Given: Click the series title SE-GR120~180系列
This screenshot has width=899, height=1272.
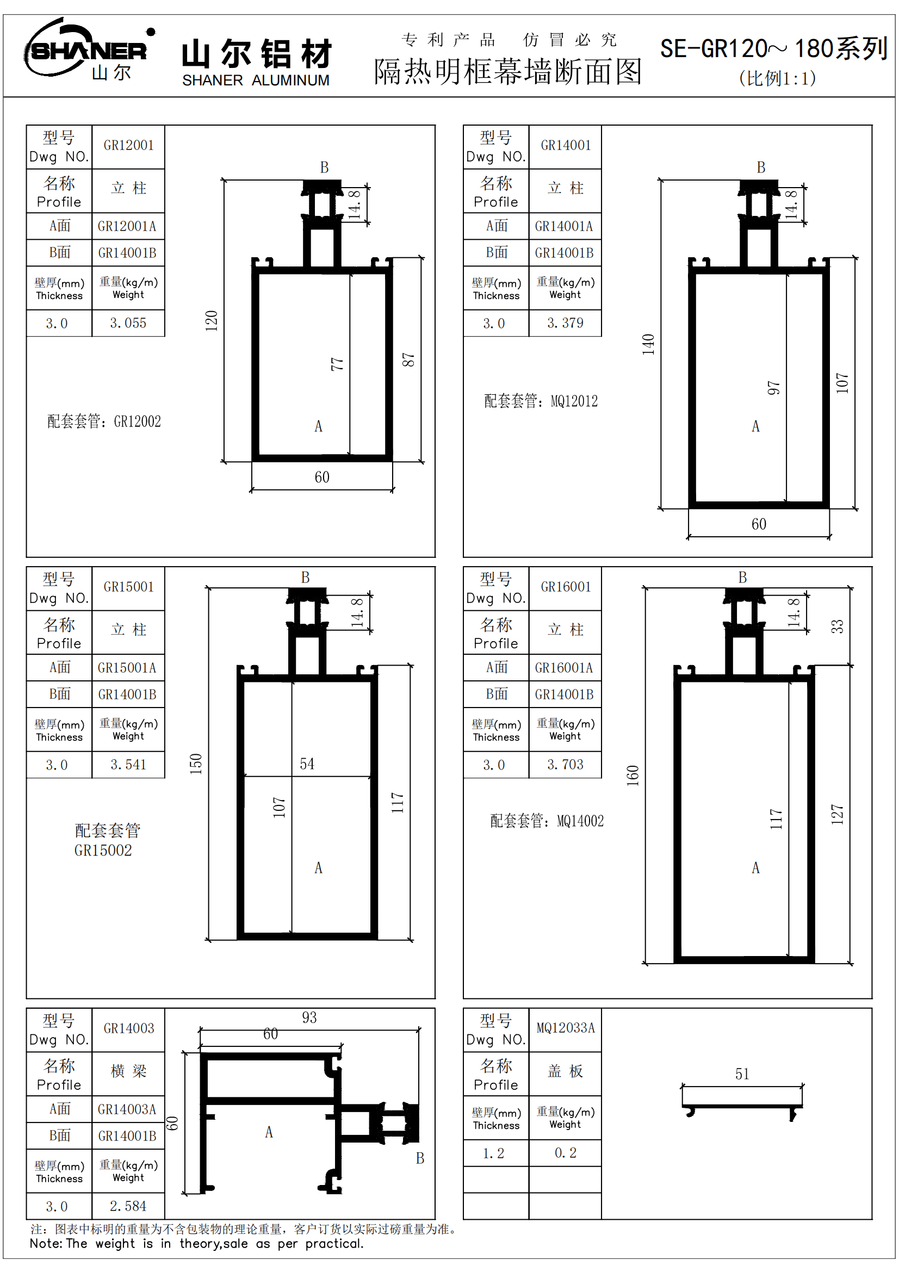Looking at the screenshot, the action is (x=773, y=49).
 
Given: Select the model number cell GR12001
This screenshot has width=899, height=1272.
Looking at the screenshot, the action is (x=128, y=146).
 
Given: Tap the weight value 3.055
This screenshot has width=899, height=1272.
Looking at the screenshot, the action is (x=128, y=323).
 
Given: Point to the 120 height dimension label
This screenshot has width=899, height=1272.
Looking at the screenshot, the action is (x=212, y=321).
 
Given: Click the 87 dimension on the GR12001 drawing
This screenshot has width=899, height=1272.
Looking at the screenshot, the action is (x=408, y=359).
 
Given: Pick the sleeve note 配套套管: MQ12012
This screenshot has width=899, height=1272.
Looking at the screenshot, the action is (x=541, y=401).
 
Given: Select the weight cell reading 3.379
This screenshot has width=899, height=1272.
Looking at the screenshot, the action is (x=565, y=323).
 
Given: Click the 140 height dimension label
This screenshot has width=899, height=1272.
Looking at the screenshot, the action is (x=649, y=344).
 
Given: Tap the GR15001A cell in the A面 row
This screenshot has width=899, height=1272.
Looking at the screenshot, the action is (x=127, y=668).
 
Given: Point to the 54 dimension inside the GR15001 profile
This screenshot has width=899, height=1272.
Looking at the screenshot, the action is (x=307, y=764).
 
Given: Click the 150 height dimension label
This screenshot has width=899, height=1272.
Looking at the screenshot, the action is (x=196, y=764).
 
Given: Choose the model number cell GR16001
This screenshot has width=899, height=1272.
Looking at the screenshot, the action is (x=566, y=587).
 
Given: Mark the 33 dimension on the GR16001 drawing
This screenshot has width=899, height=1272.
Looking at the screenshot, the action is (x=837, y=626).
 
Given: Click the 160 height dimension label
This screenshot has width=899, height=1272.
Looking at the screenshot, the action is (x=633, y=775).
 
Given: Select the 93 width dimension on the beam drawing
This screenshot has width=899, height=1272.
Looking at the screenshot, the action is (x=309, y=1017).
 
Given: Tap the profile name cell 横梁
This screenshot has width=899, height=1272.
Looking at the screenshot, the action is (x=128, y=1071).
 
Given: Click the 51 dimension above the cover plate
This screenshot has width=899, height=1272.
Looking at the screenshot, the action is (x=742, y=1074).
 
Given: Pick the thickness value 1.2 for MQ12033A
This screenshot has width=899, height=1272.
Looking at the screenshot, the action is (x=493, y=1153).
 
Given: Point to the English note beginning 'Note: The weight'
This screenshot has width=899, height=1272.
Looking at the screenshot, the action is (x=197, y=1244).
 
